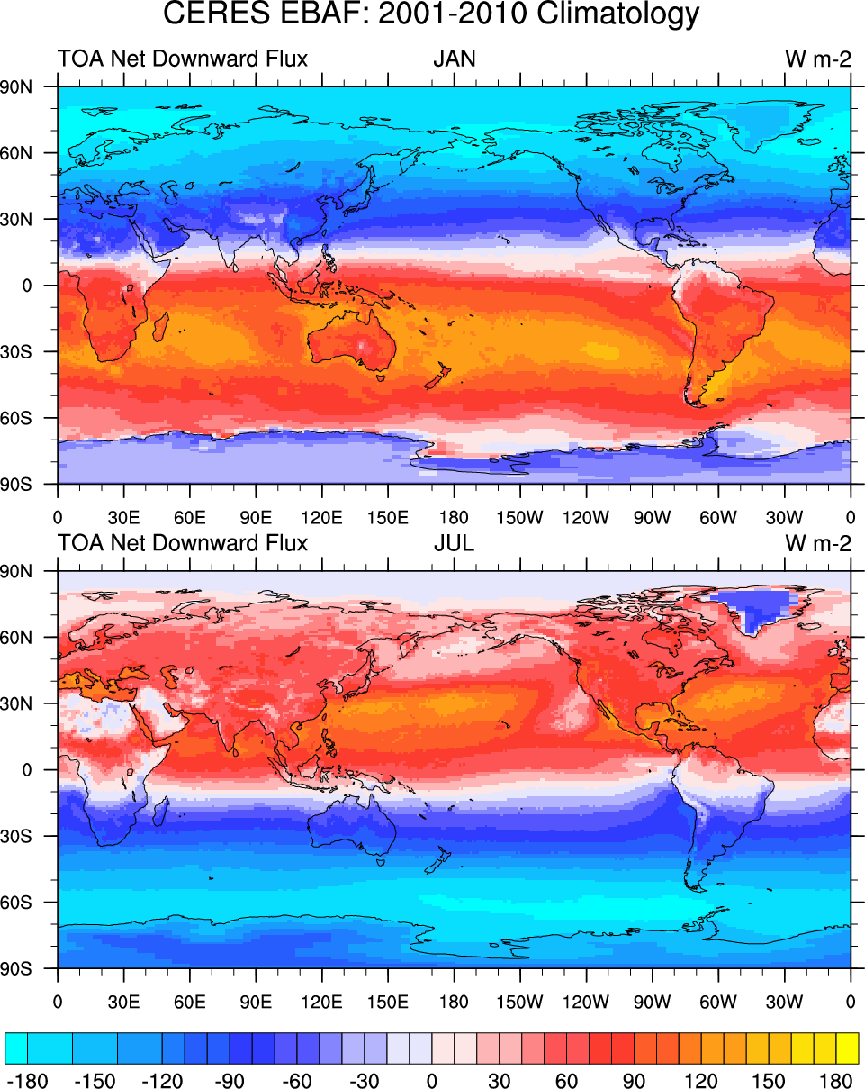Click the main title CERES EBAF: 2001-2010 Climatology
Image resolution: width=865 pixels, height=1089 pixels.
(431, 15)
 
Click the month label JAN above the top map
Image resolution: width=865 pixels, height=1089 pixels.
(454, 60)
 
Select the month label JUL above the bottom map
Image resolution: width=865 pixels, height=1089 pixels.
(454, 544)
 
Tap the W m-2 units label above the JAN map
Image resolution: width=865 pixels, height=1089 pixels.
(817, 60)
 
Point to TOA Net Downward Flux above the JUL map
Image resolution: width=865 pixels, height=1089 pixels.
(183, 544)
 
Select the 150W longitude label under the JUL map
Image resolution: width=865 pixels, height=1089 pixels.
(520, 1002)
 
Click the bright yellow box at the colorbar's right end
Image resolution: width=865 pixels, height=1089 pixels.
(847, 1048)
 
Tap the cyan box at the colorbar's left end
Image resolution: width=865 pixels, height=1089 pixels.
(16, 1048)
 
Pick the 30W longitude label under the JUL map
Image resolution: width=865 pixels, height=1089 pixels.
(784, 1002)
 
